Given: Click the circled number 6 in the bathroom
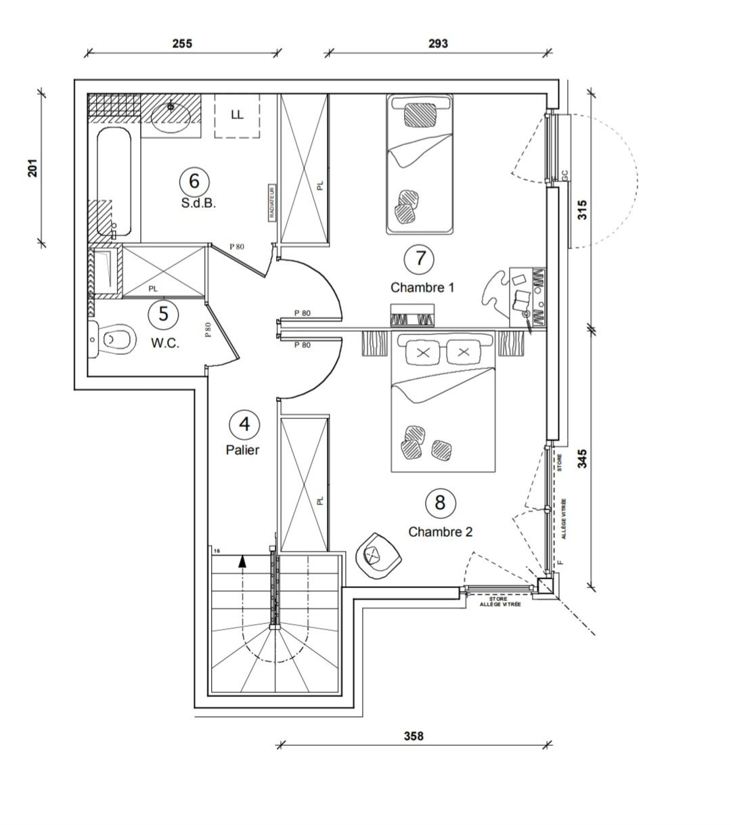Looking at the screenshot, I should pyautogui.click(x=194, y=181).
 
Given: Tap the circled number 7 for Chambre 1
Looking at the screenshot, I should pyautogui.click(x=421, y=258).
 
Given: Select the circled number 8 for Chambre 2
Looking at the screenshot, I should pyautogui.click(x=440, y=502).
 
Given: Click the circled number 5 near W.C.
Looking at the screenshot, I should pyautogui.click(x=163, y=314).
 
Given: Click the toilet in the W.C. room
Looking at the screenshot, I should pyautogui.click(x=114, y=338).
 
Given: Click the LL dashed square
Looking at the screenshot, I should pyautogui.click(x=237, y=115).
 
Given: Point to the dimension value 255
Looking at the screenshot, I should pyautogui.click(x=182, y=44).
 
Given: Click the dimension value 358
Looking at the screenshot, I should pyautogui.click(x=413, y=736).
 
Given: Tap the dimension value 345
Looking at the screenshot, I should pyautogui.click(x=583, y=458).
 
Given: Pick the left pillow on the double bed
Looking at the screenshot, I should pyautogui.click(x=424, y=353).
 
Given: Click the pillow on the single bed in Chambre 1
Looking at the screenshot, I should pyautogui.click(x=420, y=114).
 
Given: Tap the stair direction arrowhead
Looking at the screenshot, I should pyautogui.click(x=242, y=560).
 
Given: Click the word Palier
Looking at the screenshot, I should pyautogui.click(x=242, y=450).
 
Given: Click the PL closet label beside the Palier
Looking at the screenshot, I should pyautogui.click(x=320, y=501).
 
